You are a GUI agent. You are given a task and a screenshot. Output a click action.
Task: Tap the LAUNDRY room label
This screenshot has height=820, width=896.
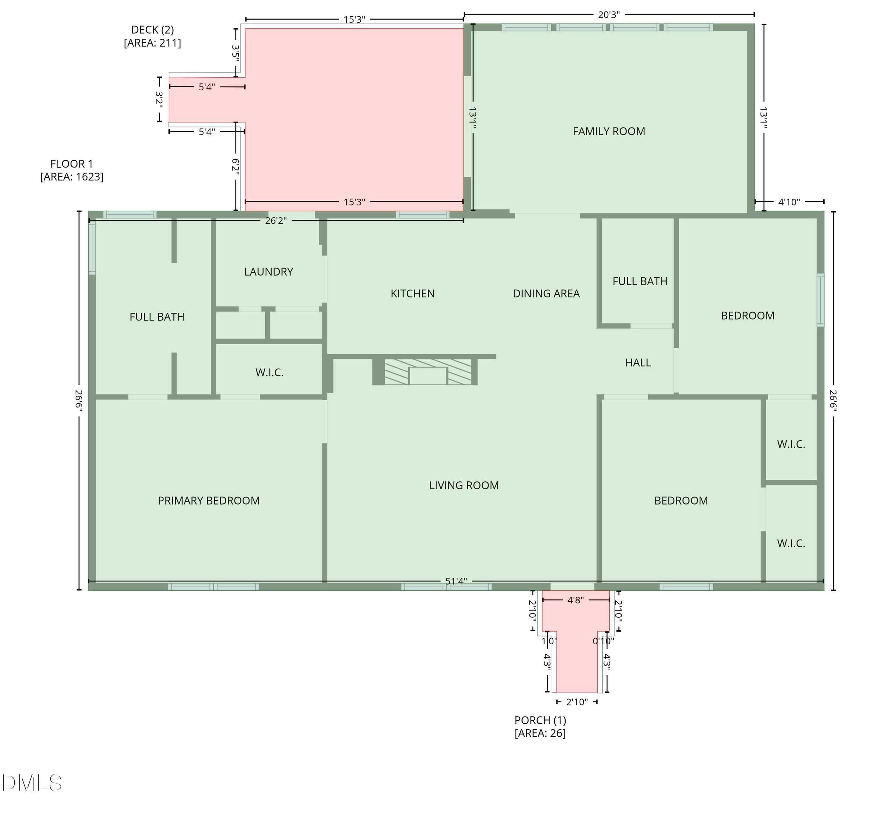[x=268, y=272]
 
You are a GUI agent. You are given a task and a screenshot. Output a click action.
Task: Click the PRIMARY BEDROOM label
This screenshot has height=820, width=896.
[x=209, y=501]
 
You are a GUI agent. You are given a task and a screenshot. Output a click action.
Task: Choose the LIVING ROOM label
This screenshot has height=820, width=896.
[x=464, y=486]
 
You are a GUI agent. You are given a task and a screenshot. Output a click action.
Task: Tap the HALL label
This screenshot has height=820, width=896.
[x=638, y=363]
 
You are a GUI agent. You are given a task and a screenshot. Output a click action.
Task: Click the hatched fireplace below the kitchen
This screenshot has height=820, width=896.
[x=425, y=372]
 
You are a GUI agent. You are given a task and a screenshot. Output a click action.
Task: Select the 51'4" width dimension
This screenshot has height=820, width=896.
[x=456, y=581]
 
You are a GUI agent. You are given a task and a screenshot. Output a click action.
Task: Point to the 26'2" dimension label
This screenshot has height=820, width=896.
[x=276, y=221]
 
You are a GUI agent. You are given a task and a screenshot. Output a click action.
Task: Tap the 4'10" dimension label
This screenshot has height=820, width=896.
[x=789, y=202]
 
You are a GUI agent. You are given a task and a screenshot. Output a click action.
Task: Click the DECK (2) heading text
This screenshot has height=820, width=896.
[x=153, y=30]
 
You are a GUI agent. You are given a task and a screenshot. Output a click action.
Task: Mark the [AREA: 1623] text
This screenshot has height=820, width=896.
[x=72, y=177]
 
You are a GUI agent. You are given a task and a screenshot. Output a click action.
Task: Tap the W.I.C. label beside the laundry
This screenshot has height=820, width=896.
[x=269, y=373]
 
